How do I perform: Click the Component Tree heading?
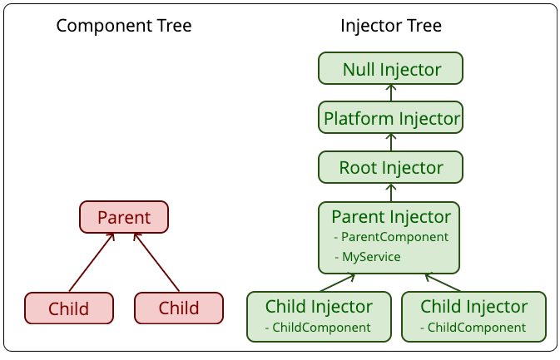(124, 26)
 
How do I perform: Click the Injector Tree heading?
(391, 26)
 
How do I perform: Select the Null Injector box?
(391, 68)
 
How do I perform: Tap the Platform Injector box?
(391, 117)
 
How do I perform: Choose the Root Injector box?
(391, 167)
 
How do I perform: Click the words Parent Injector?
(391, 217)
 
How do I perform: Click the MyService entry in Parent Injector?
(368, 257)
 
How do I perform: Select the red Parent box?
(124, 217)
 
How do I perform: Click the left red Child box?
(69, 308)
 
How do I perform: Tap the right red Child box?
(179, 308)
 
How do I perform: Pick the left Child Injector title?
(319, 307)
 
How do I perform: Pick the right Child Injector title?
(474, 307)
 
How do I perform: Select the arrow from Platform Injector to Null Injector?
(391, 93)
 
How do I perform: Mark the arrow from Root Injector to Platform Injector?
(391, 142)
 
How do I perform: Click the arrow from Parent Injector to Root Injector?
(391, 193)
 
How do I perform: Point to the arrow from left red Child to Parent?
(92, 262)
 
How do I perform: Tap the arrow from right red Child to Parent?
(156, 262)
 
